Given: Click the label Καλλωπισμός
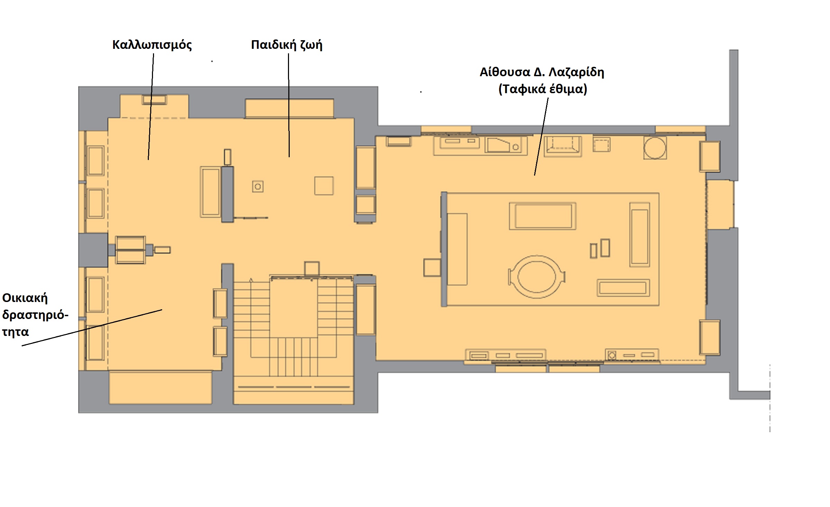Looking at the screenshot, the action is (x=152, y=45).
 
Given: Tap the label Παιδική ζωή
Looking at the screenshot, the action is (x=287, y=45).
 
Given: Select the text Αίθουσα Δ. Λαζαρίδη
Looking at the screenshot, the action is (x=542, y=72).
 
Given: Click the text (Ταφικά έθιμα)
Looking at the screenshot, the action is (x=543, y=89).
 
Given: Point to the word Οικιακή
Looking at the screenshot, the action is (x=25, y=298).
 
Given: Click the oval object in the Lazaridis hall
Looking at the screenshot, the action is (x=536, y=277).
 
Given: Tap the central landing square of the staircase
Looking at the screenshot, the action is (x=294, y=308).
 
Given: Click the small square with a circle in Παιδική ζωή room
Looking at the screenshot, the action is (x=258, y=187).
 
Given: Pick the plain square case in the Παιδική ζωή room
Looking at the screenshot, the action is (x=324, y=186).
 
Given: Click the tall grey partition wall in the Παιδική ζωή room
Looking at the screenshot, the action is (x=227, y=194).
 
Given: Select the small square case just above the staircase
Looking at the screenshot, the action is (x=312, y=268).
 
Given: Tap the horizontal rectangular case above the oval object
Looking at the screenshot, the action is (x=542, y=216).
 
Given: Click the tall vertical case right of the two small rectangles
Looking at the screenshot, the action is (x=639, y=235).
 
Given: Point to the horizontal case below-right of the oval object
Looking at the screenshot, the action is (x=623, y=288).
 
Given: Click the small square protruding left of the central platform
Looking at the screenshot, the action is (x=432, y=267).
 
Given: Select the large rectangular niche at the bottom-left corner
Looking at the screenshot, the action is (x=161, y=388).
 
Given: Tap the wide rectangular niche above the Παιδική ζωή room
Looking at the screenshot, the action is (x=289, y=108).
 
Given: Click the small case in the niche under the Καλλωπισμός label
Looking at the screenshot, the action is (x=154, y=100).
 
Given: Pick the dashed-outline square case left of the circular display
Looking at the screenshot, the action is (x=602, y=144).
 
